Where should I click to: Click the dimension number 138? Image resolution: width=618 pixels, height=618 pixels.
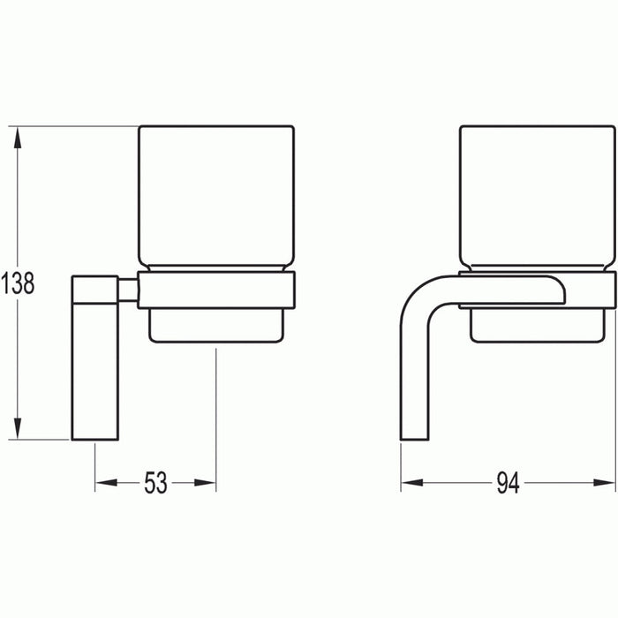tap(18, 283)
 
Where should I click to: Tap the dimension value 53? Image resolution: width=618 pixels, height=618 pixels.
tap(155, 483)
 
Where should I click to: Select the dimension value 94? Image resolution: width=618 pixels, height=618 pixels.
tap(508, 483)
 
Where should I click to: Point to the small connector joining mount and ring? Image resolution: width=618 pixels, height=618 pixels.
tap(128, 290)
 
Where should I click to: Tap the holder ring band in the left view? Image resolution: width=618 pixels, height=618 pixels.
tap(216, 290)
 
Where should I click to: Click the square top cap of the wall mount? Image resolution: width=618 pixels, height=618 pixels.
tap(94, 289)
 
